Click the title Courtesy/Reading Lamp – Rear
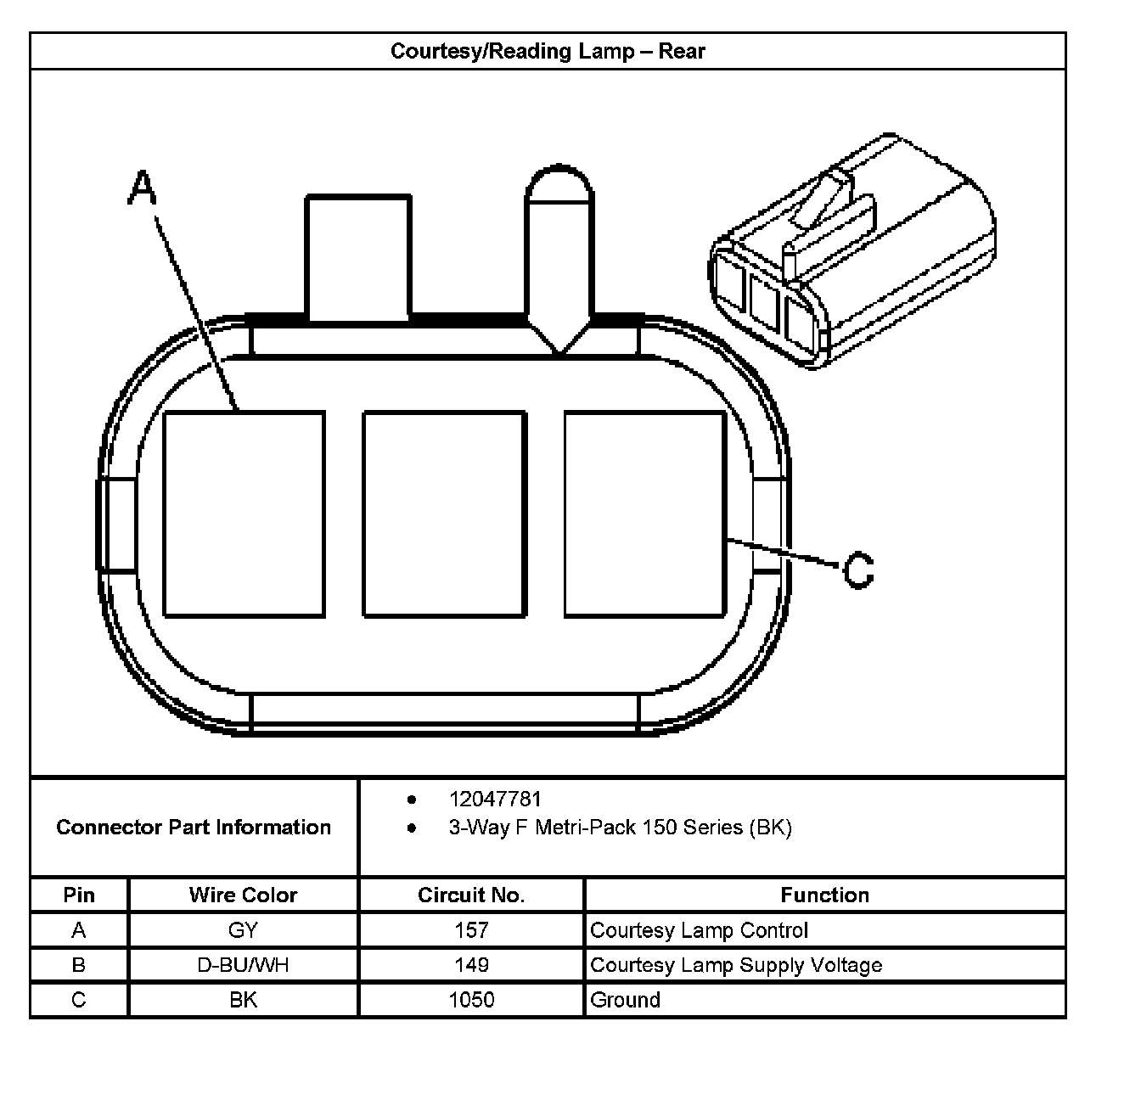(x=548, y=51)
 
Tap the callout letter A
(x=143, y=188)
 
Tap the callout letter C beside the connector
(x=858, y=570)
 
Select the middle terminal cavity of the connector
(x=444, y=514)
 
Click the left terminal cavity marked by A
(x=244, y=514)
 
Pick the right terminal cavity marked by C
(x=645, y=514)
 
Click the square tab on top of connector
(x=358, y=258)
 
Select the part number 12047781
(x=495, y=799)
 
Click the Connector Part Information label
(x=194, y=828)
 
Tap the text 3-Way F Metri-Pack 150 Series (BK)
(x=620, y=828)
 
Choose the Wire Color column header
(x=243, y=895)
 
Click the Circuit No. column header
(x=471, y=895)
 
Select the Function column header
(x=824, y=895)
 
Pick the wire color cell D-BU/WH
(x=243, y=965)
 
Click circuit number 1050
(x=471, y=1000)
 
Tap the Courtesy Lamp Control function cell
(x=699, y=930)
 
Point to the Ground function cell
(x=625, y=1000)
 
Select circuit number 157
(x=471, y=930)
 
